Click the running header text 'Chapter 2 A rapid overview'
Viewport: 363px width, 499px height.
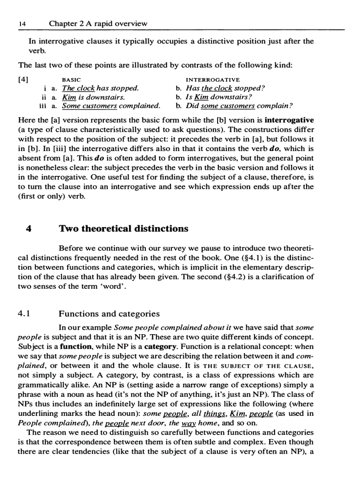(x=98, y=24)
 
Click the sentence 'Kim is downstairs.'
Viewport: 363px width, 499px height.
(x=93, y=97)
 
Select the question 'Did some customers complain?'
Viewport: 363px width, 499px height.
(x=239, y=106)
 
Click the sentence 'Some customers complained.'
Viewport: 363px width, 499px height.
(x=111, y=106)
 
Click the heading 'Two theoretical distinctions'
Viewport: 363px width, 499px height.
(x=124, y=229)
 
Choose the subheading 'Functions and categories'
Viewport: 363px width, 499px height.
(x=109, y=314)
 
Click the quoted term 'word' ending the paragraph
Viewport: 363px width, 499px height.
(x=116, y=286)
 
